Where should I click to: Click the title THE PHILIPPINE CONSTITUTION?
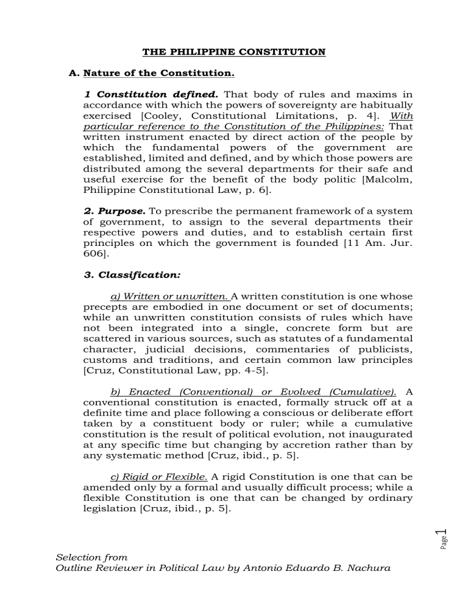(x=234, y=52)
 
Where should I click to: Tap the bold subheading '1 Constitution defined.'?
(x=136, y=96)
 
